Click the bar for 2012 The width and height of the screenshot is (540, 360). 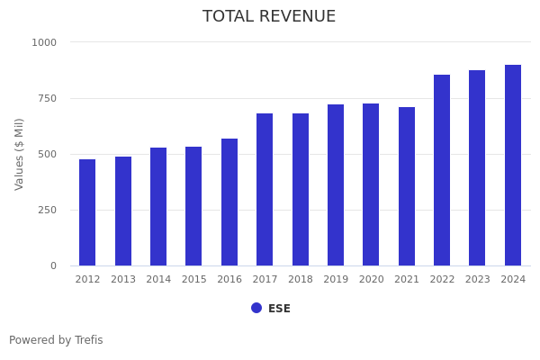point(87,212)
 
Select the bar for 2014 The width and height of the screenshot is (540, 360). point(158,207)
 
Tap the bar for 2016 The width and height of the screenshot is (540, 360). point(229,202)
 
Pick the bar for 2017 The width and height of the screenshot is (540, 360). point(265,190)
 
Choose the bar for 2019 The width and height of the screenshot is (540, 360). point(336,185)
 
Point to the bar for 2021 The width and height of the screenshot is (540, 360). point(407,186)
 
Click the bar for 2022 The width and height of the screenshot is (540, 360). point(442,170)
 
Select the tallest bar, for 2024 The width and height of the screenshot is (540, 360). point(513,166)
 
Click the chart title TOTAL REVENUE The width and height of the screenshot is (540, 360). point(269,17)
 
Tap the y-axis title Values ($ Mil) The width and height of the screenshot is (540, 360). point(20,154)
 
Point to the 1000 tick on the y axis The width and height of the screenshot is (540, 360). point(44,42)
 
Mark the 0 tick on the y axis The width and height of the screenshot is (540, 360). point(53,265)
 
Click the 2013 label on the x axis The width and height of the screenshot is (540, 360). point(123,280)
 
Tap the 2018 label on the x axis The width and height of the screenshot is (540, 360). point(301,280)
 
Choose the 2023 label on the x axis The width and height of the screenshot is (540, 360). point(478,280)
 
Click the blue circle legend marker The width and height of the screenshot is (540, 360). point(256,308)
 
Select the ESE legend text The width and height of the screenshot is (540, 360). point(279,309)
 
